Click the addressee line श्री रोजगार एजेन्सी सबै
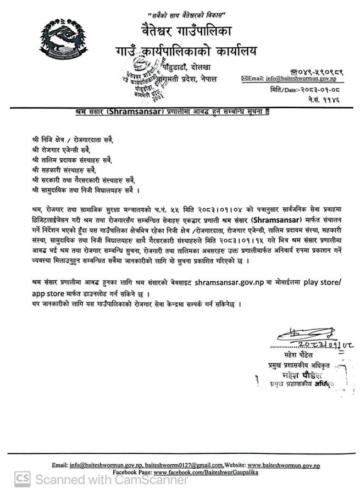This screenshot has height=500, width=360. click(59, 149)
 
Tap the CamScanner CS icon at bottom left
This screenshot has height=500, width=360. click(22, 480)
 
